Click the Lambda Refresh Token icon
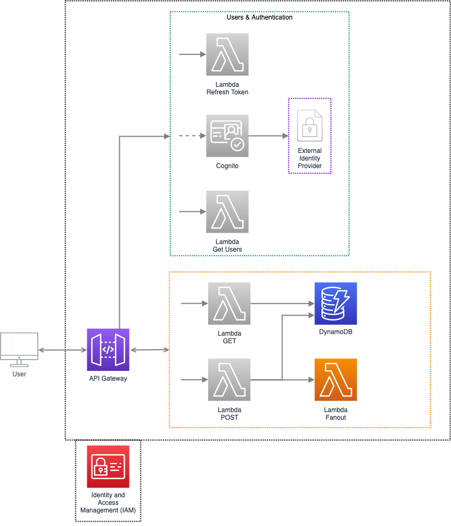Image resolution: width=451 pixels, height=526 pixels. click(227, 54)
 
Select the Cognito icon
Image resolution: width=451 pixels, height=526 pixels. click(227, 136)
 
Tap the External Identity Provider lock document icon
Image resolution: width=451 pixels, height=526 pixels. click(310, 126)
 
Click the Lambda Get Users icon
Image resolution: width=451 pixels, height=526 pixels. click(227, 211)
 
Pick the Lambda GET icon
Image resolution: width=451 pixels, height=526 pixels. click(229, 304)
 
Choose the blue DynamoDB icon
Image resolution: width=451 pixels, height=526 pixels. click(336, 304)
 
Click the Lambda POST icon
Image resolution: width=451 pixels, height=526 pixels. click(229, 380)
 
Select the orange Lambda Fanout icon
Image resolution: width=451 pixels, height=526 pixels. click(336, 380)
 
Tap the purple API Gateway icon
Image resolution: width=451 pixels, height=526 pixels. click(108, 350)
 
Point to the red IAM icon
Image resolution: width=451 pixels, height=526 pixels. click(108, 467)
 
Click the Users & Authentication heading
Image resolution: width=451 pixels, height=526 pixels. click(260, 17)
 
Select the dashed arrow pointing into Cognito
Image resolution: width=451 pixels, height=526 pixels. click(192, 136)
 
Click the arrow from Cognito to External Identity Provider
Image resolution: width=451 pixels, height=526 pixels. click(268, 136)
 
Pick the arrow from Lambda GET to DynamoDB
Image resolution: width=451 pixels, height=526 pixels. click(282, 304)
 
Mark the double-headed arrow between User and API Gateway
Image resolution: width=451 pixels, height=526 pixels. click(63, 350)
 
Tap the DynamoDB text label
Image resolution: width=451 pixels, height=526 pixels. click(336, 332)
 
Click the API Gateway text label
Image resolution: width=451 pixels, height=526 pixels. click(108, 379)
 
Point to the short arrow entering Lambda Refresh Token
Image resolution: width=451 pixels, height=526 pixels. click(192, 54)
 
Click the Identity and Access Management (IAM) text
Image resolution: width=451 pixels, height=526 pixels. click(108, 503)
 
